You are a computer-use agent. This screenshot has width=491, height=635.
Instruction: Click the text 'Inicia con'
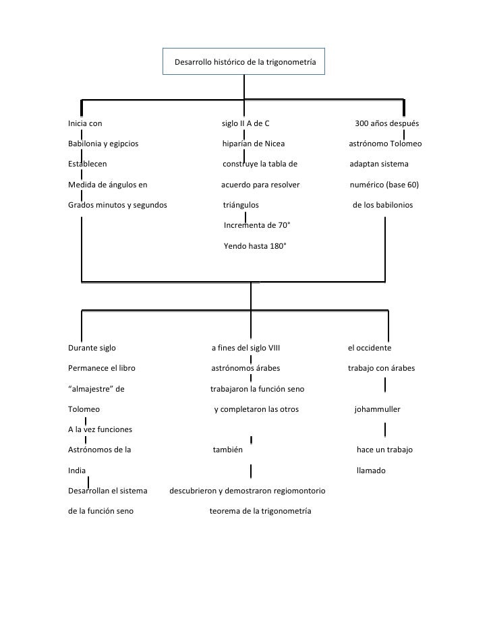tap(85, 123)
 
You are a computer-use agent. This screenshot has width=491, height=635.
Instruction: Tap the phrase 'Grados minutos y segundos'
tap(117, 204)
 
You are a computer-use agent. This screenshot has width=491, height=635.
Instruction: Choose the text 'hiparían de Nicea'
tap(254, 144)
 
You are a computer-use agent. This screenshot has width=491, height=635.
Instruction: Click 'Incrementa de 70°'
tap(257, 225)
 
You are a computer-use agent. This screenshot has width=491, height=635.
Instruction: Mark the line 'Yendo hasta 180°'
tap(255, 246)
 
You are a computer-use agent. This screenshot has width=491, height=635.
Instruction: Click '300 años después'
tap(387, 123)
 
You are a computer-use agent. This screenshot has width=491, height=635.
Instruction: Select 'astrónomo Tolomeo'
tap(385, 144)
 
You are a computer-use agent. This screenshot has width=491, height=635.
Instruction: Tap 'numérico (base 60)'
tap(385, 184)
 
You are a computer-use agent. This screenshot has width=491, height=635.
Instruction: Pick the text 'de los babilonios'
tap(383, 204)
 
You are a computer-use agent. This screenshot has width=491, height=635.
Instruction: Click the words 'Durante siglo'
tap(92, 349)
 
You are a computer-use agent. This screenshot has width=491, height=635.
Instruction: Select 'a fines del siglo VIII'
tap(246, 349)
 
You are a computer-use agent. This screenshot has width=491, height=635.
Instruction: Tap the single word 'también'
tap(228, 450)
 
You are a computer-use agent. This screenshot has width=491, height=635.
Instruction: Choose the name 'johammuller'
tap(378, 409)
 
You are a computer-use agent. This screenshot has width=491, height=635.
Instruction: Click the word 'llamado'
tap(371, 471)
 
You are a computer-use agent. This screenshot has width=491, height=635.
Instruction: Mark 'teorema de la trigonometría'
tap(260, 511)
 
